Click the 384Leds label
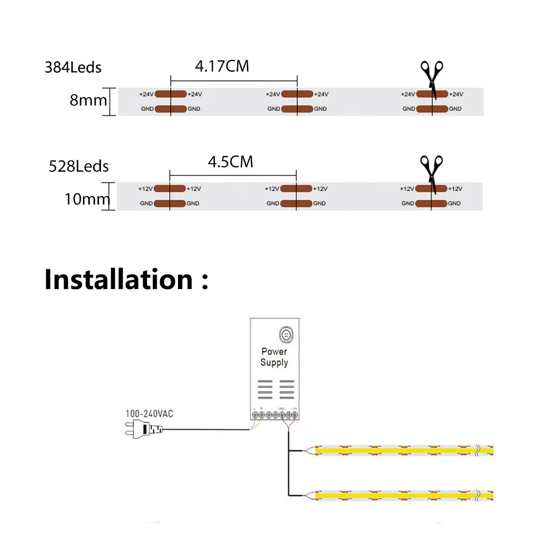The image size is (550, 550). (x=73, y=67)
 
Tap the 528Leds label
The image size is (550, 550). (x=79, y=166)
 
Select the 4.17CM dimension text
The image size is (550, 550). (x=222, y=66)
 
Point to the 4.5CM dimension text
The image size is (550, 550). (x=230, y=162)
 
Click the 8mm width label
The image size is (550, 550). (x=88, y=100)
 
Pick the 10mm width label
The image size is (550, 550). (x=87, y=199)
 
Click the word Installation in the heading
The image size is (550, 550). (x=119, y=280)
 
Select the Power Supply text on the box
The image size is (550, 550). (x=274, y=357)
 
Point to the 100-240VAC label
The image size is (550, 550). (x=149, y=414)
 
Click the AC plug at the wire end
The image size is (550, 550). (x=143, y=429)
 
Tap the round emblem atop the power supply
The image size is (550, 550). (x=286, y=335)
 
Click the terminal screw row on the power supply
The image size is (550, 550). (x=275, y=415)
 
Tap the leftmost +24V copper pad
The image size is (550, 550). (x=171, y=94)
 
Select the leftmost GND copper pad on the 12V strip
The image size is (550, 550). (x=170, y=204)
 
